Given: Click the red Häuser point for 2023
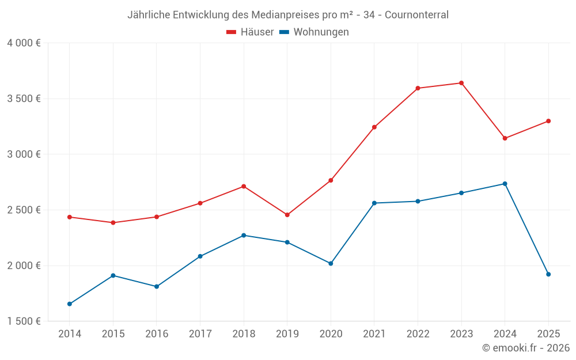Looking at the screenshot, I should [461, 83].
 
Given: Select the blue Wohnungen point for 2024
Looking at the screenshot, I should [505, 184].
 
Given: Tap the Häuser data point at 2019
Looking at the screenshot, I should [287, 215].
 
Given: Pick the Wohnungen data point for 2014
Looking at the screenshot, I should [70, 304].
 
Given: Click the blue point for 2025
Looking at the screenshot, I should [548, 274].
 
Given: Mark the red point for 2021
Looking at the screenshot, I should [374, 127].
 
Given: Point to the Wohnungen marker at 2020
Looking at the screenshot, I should [331, 263].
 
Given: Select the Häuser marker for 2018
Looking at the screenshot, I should [244, 186].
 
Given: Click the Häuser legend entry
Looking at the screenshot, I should [250, 32].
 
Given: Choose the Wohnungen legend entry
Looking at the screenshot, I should [314, 32].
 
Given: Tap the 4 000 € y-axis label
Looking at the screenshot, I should [24, 43].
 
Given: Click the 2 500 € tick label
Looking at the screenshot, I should [24, 210].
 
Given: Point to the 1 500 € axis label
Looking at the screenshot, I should [24, 321].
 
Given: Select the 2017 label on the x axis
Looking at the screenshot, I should [200, 334].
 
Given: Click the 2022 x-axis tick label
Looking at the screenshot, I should [418, 334].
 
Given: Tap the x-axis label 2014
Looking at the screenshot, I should [70, 334].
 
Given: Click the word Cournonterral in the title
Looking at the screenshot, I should [416, 15].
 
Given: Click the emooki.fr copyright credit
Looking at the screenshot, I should [526, 348].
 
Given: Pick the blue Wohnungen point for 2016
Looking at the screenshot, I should [157, 286].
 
